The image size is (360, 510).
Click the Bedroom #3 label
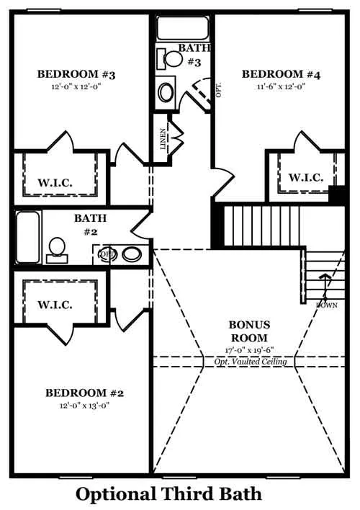pos(76,74)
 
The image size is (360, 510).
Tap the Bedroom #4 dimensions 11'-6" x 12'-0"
pos(281,87)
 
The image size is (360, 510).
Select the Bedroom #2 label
pos(84,393)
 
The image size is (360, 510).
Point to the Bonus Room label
pos(249,331)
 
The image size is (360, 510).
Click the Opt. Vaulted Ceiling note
pos(251,362)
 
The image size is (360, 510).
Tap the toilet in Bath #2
pos(57,250)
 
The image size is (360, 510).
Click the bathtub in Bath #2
pos(28,237)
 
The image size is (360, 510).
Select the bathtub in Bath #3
pos(182,28)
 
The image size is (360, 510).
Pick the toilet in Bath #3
pos(169,59)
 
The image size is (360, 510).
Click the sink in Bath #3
pos(166,92)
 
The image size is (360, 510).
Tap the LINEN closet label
pos(163,139)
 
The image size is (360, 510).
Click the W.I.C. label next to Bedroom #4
pos(306,178)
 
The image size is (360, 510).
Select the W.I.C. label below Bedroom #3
pos(55,182)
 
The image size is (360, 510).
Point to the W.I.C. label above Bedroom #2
pos(55,305)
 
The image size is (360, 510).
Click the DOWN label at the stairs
pos(327,305)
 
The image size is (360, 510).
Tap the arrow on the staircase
pos(324,287)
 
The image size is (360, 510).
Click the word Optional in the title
pos(116,494)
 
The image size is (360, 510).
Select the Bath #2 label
pos(91,225)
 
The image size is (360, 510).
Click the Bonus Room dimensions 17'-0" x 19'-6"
pos(249,350)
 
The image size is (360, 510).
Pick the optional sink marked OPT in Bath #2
pos(107,254)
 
